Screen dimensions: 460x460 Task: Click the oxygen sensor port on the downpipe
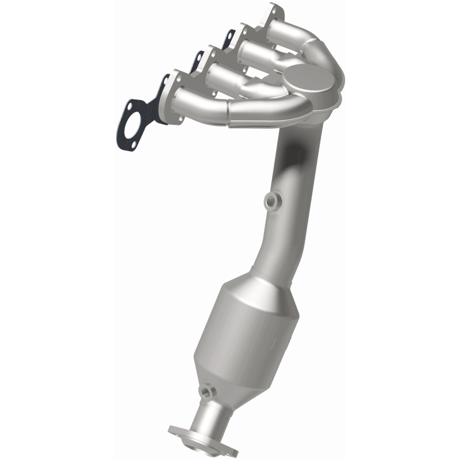271,201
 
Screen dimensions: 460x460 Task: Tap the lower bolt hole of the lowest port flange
183,118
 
